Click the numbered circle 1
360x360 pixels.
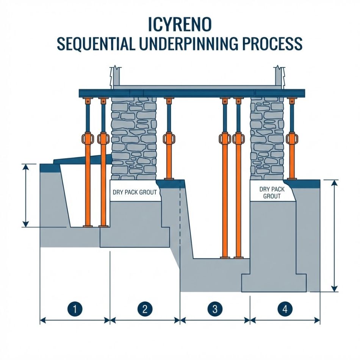pyautogui.click(x=75, y=309)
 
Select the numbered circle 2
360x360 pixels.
pyautogui.click(x=144, y=309)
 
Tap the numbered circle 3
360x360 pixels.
pyautogui.click(x=215, y=309)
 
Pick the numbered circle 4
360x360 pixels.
pyautogui.click(x=285, y=309)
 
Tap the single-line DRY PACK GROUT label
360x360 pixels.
pyautogui.click(x=135, y=192)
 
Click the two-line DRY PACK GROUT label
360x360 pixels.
pyautogui.click(x=272, y=192)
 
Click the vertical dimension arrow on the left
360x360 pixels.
pyautogui.click(x=25, y=195)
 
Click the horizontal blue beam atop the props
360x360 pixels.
pyautogui.click(x=191, y=93)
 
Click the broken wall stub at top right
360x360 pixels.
pyautogui.click(x=279, y=78)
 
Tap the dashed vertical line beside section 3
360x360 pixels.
pyautogui.click(x=179, y=216)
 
